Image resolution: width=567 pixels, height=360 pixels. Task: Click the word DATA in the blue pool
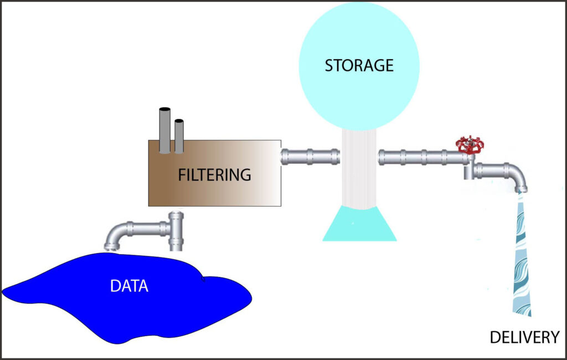click(130, 286)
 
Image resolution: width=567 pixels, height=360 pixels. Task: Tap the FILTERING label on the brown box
click(214, 175)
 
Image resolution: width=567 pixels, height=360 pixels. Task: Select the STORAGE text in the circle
click(359, 65)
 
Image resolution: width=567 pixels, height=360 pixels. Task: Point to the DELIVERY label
click(524, 337)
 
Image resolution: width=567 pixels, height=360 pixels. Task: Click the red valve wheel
click(470, 145)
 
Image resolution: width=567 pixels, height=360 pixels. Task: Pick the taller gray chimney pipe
click(165, 130)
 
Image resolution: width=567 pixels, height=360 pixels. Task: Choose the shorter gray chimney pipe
click(179, 135)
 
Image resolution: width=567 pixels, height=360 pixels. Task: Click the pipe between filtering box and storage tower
click(310, 156)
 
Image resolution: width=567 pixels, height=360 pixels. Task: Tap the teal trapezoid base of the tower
click(359, 224)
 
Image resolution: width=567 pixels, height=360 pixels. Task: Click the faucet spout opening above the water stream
click(520, 190)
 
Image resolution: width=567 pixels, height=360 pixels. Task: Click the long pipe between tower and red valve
click(421, 157)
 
